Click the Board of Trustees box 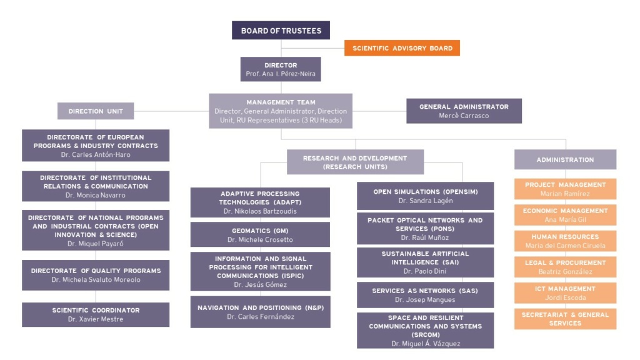[x=281, y=30]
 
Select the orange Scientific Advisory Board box [x=402, y=48]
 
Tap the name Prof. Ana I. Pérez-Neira [x=281, y=74]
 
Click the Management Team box [x=281, y=111]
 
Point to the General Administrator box [x=464, y=111]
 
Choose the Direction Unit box [x=96, y=111]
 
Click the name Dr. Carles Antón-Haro [x=96, y=155]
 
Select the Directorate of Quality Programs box [x=96, y=275]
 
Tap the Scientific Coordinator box [x=96, y=315]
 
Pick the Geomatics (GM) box [x=260, y=235]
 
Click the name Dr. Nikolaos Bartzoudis [x=260, y=211]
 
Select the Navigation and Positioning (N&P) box [x=261, y=312]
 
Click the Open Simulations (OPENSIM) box [x=425, y=196]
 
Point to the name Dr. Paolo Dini [x=425, y=271]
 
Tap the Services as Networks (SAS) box [x=425, y=295]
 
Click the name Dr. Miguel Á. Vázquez [x=426, y=344]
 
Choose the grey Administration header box [x=565, y=159]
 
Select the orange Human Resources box [x=565, y=241]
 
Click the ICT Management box [x=565, y=293]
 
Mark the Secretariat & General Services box [x=565, y=319]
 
